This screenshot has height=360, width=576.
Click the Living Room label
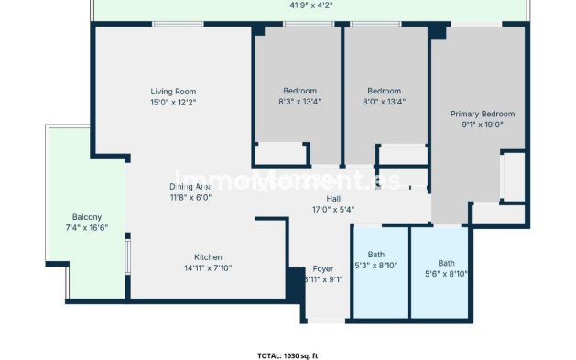[x=173, y=92]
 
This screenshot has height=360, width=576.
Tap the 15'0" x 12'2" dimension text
[x=173, y=103]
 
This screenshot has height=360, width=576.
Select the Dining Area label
[x=190, y=186]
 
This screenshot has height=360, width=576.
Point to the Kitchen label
[x=208, y=257]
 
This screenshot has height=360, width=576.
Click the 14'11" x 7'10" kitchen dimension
[x=208, y=268]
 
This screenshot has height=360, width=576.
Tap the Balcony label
[x=87, y=217]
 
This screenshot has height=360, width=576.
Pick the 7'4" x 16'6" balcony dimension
[x=87, y=228]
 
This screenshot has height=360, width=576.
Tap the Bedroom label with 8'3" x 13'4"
[x=299, y=91]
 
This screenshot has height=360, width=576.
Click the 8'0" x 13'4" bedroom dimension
[x=385, y=102]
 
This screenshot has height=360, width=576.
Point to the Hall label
[x=333, y=198]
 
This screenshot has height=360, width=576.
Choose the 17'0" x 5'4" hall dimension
[x=333, y=209]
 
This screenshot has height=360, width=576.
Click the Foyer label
[x=323, y=269]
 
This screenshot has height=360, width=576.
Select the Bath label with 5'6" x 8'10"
[x=446, y=262]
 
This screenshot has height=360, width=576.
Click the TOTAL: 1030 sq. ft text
[x=288, y=355]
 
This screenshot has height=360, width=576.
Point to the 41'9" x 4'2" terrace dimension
[x=310, y=5]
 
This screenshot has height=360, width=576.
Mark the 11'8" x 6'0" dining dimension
[x=190, y=197]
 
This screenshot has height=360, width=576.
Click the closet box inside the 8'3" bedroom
[x=280, y=153]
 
